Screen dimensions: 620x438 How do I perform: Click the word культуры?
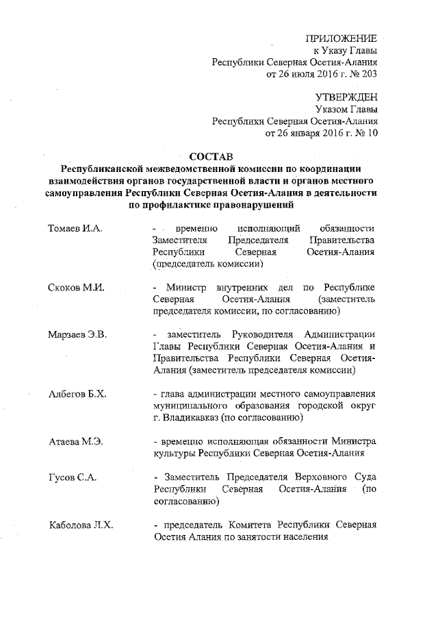[x=174, y=454]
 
